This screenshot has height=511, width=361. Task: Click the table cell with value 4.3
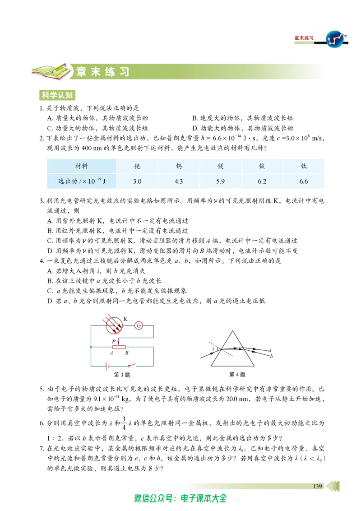coord(179,181)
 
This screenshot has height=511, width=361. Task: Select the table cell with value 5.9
coord(221,181)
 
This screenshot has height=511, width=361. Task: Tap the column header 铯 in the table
coord(137,166)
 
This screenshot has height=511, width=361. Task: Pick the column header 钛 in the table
coord(304,166)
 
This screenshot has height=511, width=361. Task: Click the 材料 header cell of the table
coord(82,166)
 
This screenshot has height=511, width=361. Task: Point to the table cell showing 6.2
coord(262,181)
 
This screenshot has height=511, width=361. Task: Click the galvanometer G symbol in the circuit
coord(139,325)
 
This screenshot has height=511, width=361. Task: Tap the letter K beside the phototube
coord(125,319)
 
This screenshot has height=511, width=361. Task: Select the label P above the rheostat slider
coord(114,341)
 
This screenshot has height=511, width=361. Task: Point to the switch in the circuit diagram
coord(131,365)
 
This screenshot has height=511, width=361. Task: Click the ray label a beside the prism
coord(270,350)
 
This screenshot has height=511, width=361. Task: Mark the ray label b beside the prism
coord(271,356)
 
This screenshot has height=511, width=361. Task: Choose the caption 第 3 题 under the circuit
coord(122,375)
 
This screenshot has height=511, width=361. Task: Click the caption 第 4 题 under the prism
coord(237,375)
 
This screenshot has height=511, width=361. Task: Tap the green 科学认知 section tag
coord(57,95)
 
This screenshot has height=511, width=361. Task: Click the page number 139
coord(317,486)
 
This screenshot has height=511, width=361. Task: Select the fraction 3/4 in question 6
coord(124,423)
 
